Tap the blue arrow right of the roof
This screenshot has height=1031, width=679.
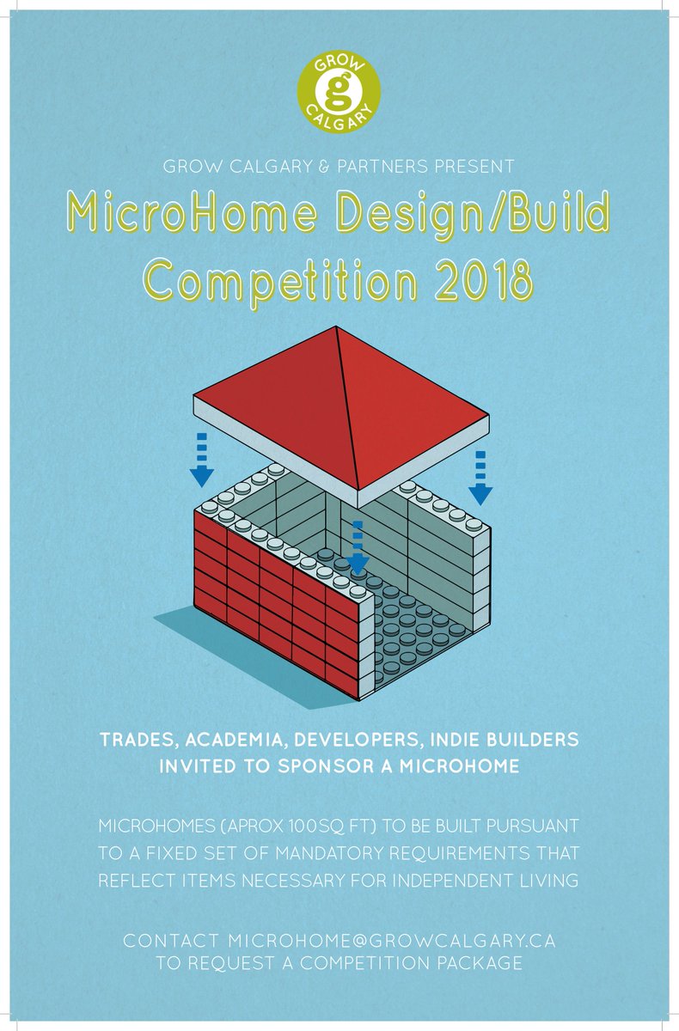[480, 476]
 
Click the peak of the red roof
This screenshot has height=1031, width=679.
[338, 330]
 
